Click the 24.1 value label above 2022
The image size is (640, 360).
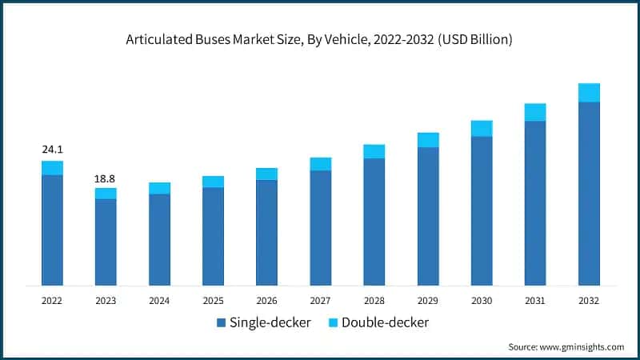coord(52,149)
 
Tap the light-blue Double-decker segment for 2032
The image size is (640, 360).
coord(589,93)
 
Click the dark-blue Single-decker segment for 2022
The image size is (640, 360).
coord(52,230)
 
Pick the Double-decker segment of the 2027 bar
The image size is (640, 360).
coord(320,164)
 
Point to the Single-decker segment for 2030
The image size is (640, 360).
coord(482,210)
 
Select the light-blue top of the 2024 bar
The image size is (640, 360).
coord(159,188)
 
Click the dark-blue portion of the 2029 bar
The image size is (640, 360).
coord(428,216)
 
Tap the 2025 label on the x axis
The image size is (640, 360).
coord(213,301)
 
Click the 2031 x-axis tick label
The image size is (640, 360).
coord(535,301)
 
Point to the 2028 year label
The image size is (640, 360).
coord(374,301)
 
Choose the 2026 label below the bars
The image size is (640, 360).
coord(266,301)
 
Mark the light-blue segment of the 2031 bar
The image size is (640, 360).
coord(535,112)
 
